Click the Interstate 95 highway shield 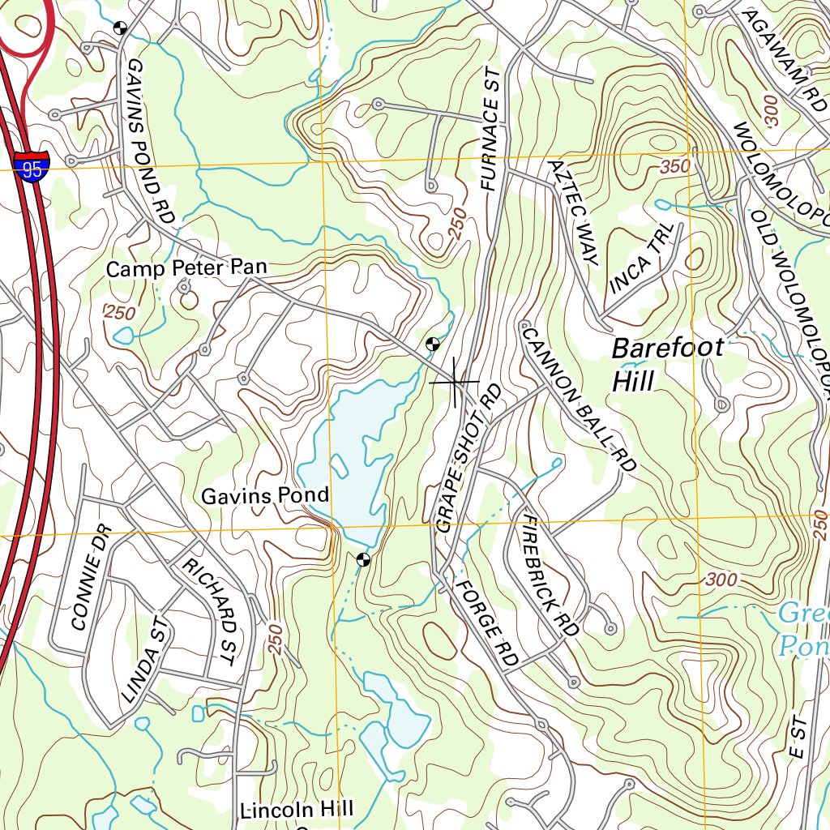coord(32,167)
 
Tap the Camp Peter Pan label coord(186,268)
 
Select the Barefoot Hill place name coord(668,364)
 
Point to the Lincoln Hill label coord(297,809)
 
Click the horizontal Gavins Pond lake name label coord(265,495)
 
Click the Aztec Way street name coord(572,212)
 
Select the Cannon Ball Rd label coord(580,399)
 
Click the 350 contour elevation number coord(674,166)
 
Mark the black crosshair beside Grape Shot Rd coord(455,381)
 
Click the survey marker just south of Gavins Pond coord(363,558)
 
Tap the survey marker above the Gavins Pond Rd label coord(121,28)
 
